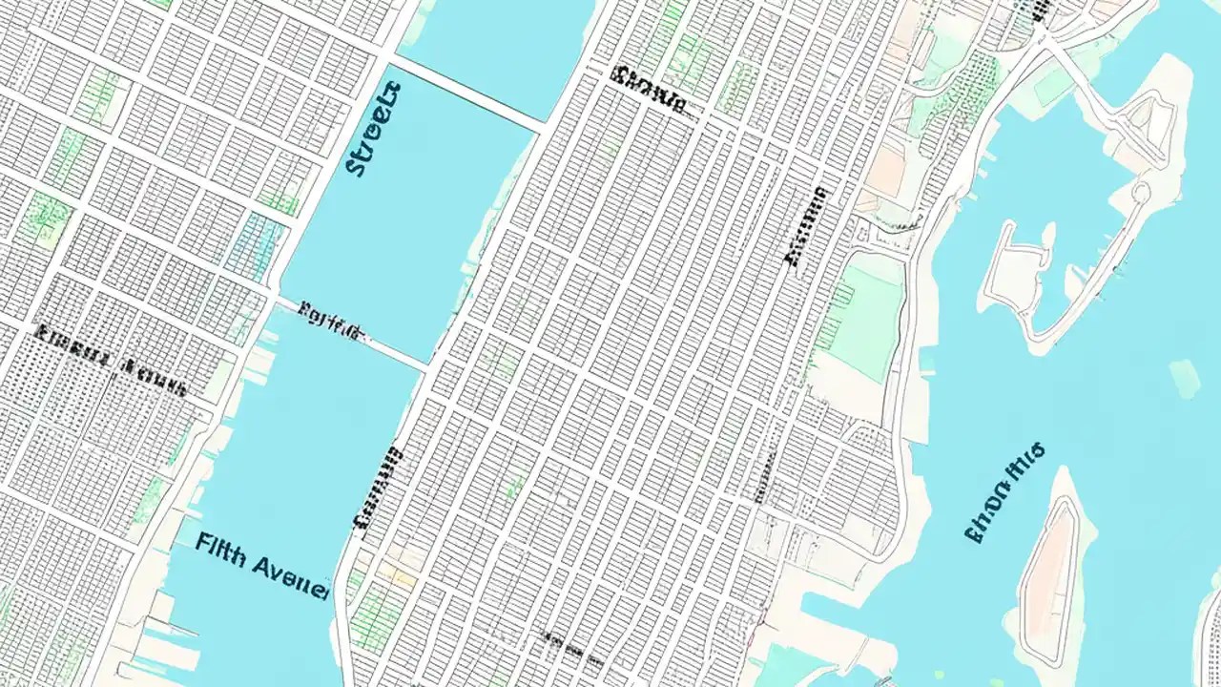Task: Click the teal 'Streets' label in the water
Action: [373, 130]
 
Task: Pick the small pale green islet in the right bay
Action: [1184, 377]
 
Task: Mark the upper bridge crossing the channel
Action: [467, 90]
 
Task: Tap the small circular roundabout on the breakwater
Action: [1140, 192]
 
